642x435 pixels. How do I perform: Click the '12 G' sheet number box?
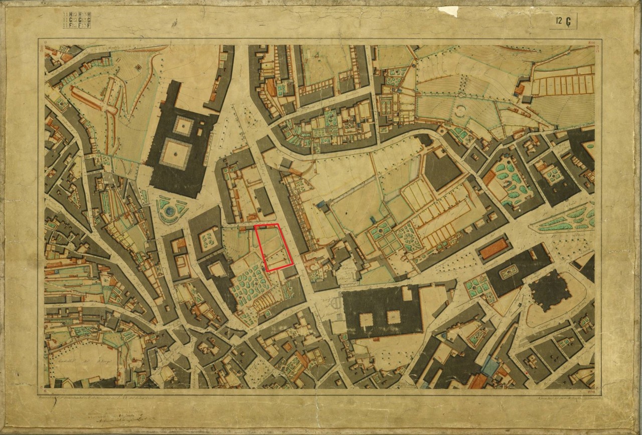(x=563, y=21)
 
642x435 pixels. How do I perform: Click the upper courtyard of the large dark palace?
(x=183, y=125)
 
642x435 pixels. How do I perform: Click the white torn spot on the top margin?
(x=448, y=11)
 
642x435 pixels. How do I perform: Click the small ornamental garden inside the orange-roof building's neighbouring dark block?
(x=509, y=272)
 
